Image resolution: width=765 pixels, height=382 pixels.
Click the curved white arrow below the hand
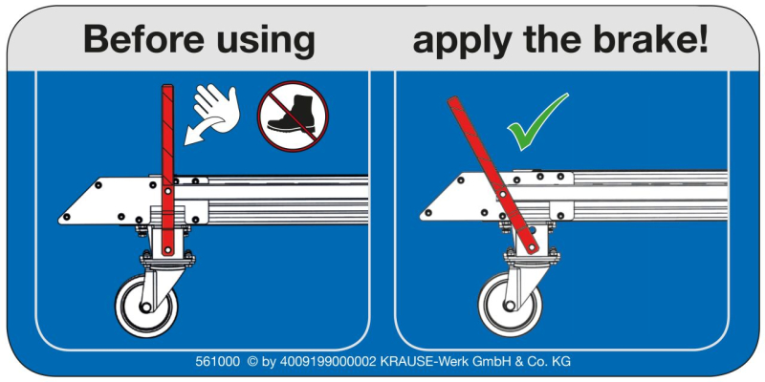coord(203,132)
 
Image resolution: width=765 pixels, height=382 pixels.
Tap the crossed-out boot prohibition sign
coord(293,116)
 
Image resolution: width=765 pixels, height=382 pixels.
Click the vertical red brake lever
coord(167,171)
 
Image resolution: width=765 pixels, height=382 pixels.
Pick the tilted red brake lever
coord(492,176)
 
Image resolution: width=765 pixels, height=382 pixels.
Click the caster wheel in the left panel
coord(146,306)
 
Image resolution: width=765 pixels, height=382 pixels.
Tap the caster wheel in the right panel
coord(511,305)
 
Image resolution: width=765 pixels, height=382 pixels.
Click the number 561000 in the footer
coord(218,362)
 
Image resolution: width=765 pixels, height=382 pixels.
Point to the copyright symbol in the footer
coord(252,362)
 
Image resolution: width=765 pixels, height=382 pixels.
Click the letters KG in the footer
coord(561,362)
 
